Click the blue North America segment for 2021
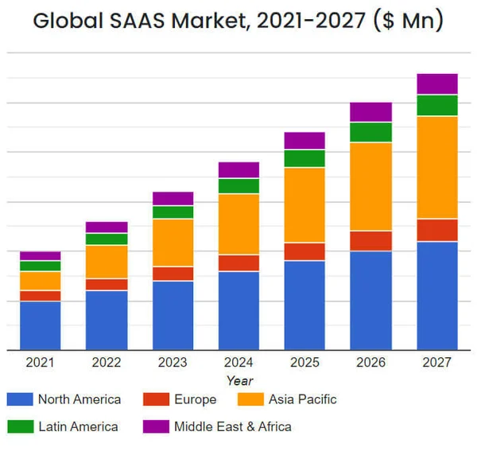pyautogui.click(x=40, y=325)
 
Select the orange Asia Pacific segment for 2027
pyautogui.click(x=436, y=167)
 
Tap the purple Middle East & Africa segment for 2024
pyautogui.click(x=238, y=169)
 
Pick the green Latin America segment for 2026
pyautogui.click(x=370, y=132)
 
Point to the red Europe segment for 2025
pyautogui.click(x=304, y=251)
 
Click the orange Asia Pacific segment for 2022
pyautogui.click(x=107, y=262)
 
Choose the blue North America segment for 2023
pyautogui.click(x=173, y=315)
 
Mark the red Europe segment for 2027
pyautogui.click(x=436, y=230)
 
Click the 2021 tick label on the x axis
pyautogui.click(x=40, y=363)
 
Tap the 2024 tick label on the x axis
pyautogui.click(x=238, y=363)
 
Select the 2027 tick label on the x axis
pyautogui.click(x=436, y=363)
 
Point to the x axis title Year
pyautogui.click(x=239, y=381)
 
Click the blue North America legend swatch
pyautogui.click(x=19, y=399)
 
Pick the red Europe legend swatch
pyautogui.click(x=156, y=399)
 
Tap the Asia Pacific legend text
pyautogui.click(x=302, y=399)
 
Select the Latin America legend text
pyautogui.click(x=78, y=426)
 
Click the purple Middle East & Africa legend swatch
pyautogui.click(x=156, y=426)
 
